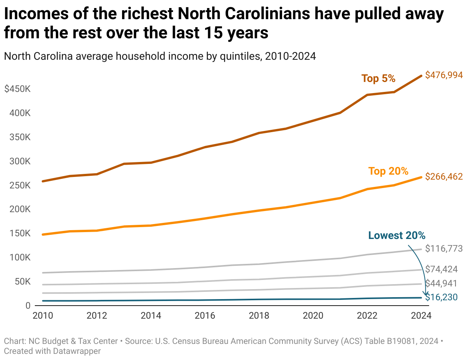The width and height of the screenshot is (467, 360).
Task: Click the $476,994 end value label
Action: pos(444,75)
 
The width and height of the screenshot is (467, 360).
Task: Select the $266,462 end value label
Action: pos(444,177)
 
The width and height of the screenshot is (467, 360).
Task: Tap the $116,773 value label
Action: pos(444,249)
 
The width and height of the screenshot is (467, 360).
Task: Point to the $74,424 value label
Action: pos(441,269)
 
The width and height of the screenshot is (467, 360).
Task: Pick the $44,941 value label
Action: pos(441,284)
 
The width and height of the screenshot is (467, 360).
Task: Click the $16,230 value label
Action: pos(441,297)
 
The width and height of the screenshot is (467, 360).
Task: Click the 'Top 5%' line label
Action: pos(378,79)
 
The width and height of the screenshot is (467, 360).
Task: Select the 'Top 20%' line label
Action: pos(388,171)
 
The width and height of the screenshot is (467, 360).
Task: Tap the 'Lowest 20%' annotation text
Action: pos(397,236)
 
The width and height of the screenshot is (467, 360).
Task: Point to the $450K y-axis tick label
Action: pos(17,89)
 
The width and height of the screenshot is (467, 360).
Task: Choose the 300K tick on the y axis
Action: pos(20,161)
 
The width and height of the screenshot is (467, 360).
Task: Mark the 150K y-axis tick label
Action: pos(20,233)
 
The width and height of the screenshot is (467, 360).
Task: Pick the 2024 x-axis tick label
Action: pos(421,316)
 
